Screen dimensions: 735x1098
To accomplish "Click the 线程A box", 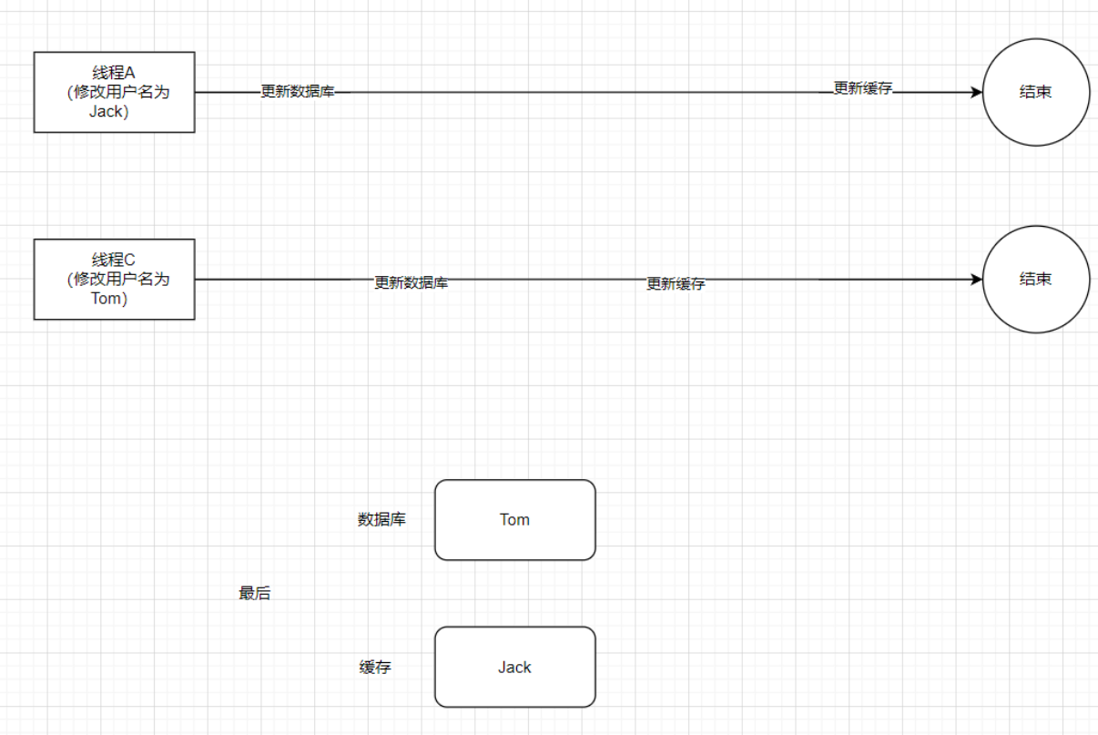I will coord(114,92).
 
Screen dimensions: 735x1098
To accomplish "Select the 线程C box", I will coord(114,279).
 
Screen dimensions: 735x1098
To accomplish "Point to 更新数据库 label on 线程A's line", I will coord(297,92).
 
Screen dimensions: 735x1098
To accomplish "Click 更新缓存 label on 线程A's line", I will coord(862,88).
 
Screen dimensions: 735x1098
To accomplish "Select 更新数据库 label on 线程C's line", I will coord(411,283).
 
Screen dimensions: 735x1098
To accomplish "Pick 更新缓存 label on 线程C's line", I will coord(676,284).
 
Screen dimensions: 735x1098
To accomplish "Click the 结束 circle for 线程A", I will coord(1035,92).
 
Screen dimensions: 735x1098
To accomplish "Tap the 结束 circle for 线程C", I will coord(1035,279).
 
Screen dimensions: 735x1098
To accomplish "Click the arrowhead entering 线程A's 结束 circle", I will coord(977,92).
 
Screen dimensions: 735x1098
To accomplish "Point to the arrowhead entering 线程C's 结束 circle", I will coord(977,279).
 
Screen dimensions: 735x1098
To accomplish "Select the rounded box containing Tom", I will coord(514,520).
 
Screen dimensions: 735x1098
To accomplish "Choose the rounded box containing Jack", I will coord(514,667).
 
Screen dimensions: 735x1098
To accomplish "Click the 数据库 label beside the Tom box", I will coord(381,520).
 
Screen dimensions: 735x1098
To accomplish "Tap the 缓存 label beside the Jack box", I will coord(375,667).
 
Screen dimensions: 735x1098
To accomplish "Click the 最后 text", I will coord(254,594).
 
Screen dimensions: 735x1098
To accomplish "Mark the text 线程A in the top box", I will coord(114,72).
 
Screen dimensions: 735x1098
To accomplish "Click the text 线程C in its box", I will coord(114,260).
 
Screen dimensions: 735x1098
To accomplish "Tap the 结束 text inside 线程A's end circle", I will coord(1035,92).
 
